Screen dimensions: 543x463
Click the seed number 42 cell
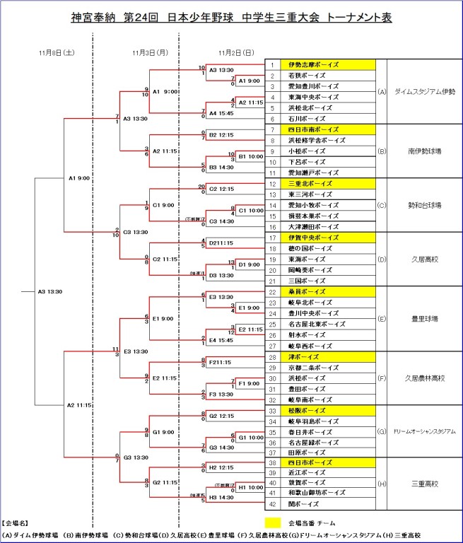point(272,504)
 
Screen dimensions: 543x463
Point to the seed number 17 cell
point(272,238)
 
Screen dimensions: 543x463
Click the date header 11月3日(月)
point(150,52)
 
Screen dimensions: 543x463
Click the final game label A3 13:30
point(50,291)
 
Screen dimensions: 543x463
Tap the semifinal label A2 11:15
point(80,404)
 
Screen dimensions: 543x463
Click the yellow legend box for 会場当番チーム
point(273,524)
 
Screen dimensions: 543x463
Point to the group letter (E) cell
point(382,319)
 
